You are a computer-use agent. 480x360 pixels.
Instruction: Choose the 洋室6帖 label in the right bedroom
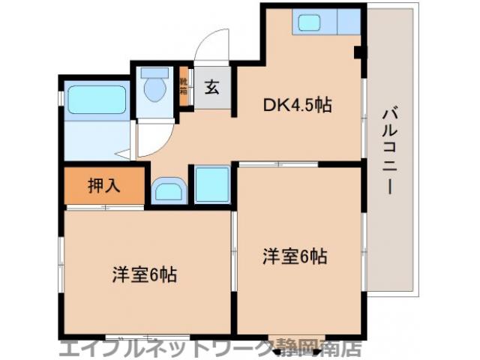click(x=295, y=256)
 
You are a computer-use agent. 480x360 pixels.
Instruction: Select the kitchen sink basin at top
click(x=310, y=22)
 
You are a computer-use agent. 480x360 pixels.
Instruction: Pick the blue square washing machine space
click(x=211, y=184)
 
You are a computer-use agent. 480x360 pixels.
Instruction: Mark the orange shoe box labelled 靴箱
click(x=184, y=88)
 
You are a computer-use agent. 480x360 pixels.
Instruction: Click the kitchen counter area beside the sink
click(x=347, y=22)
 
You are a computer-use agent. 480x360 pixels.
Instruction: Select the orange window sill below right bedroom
click(x=298, y=338)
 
